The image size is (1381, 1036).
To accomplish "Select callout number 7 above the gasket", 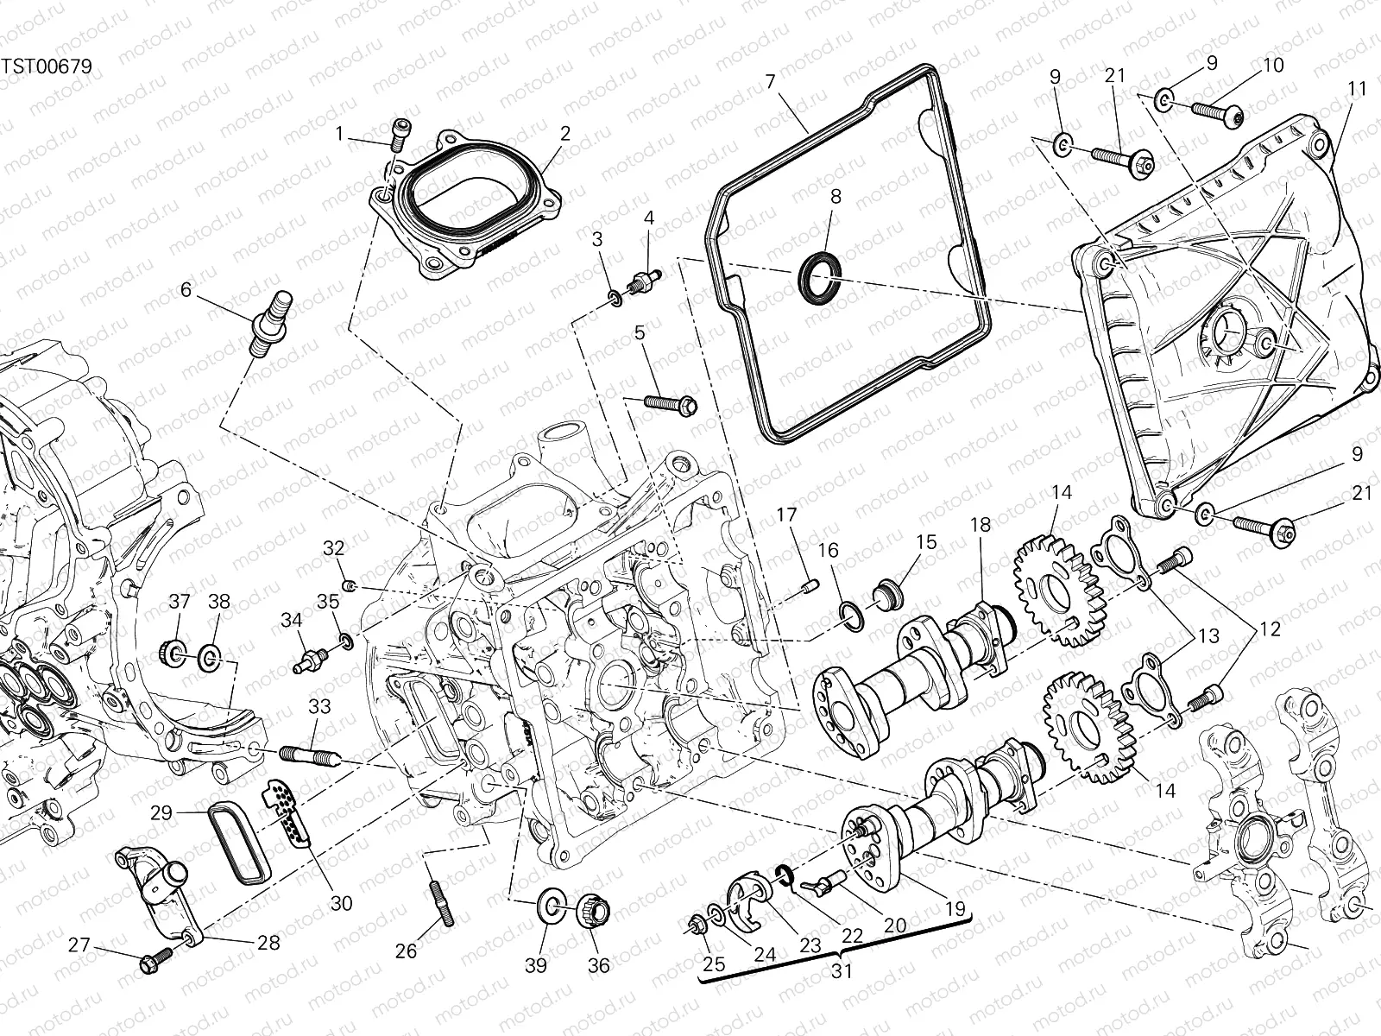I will point(770,83).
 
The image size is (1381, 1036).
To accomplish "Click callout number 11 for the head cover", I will point(1357,88).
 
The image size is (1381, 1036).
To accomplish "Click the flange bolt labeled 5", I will point(669,402).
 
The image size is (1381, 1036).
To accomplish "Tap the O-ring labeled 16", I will point(850,615).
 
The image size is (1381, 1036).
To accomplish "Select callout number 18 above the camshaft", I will point(980,525).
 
